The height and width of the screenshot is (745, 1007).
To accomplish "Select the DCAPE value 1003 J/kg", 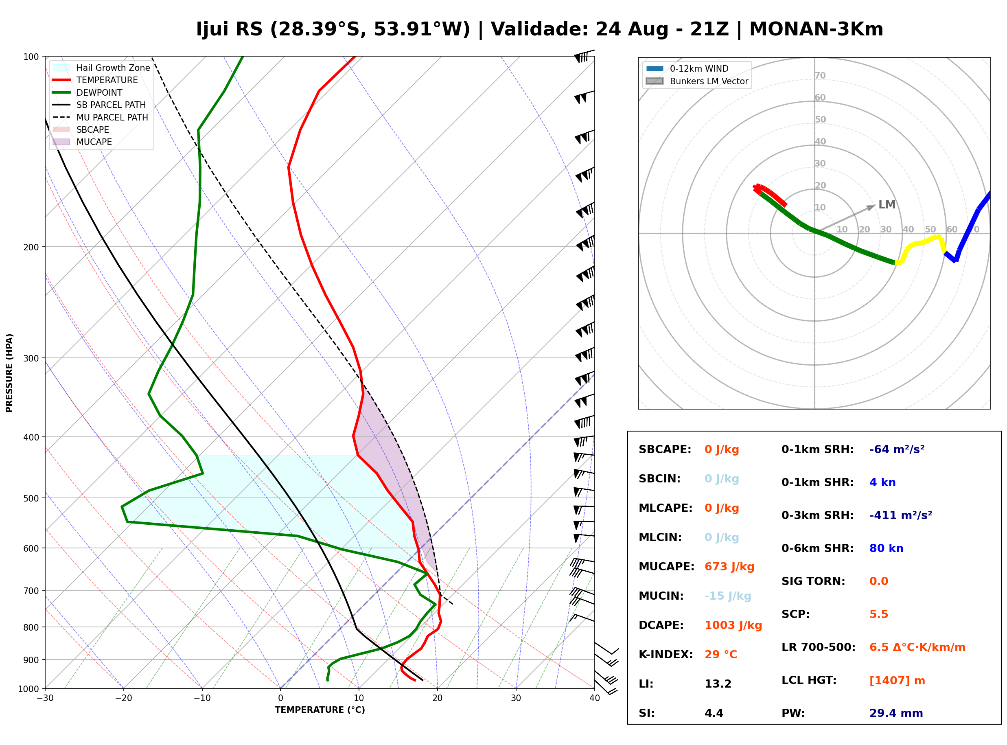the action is [x=733, y=625].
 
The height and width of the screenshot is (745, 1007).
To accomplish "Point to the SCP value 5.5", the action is [x=878, y=614].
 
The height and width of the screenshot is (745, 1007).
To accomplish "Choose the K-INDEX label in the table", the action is [x=665, y=654].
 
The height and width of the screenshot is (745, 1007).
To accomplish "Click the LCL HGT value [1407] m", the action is [x=897, y=681].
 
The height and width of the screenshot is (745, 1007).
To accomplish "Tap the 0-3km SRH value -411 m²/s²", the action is [x=901, y=515].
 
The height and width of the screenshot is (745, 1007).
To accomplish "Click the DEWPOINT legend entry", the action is [x=88, y=92].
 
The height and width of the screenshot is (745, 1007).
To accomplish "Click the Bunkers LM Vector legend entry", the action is [x=697, y=81].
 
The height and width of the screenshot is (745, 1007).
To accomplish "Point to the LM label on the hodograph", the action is [x=887, y=204].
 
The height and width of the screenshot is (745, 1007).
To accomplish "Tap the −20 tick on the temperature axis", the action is [x=123, y=698].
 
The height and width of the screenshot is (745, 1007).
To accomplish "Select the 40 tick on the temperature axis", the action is [x=594, y=698].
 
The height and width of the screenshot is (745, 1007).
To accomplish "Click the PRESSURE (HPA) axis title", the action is [x=9, y=373].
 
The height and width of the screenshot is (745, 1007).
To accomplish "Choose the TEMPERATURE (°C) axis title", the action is [x=320, y=710].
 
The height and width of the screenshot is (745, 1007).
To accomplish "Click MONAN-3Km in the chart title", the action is [x=816, y=29].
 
